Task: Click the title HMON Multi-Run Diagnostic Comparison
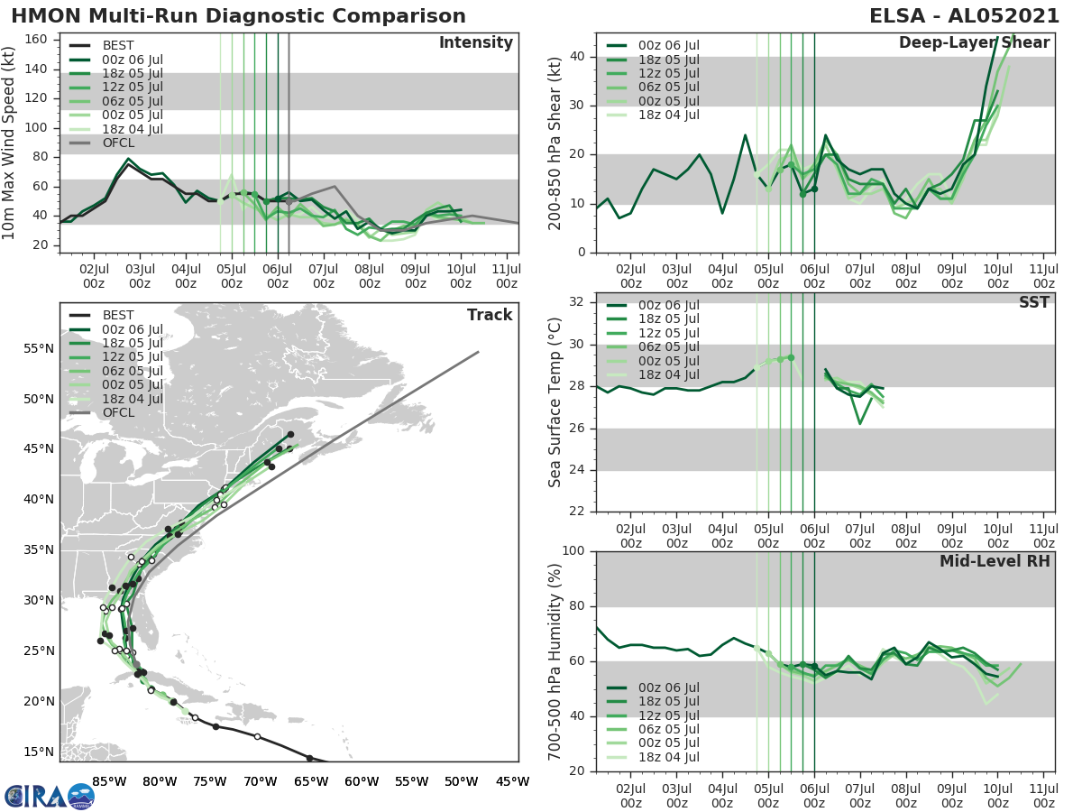pos(238,16)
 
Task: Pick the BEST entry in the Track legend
pos(117,315)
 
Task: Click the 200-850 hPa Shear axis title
pos(555,143)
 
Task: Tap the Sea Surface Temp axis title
pos(555,402)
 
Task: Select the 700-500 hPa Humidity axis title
pos(555,660)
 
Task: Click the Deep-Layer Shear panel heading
pos(974,43)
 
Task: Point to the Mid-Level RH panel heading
pos(995,561)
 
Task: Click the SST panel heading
pos(1033,302)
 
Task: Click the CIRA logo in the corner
pos(49,796)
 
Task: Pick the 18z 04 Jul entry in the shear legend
pos(668,115)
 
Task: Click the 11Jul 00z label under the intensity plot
pos(507,276)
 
